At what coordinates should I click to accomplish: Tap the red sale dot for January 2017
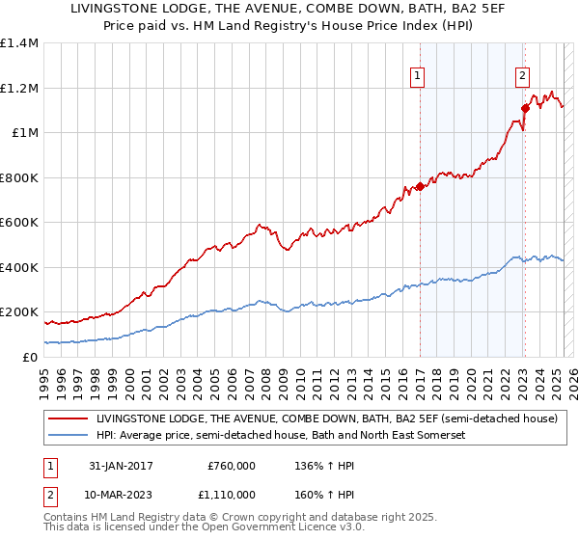click(420, 188)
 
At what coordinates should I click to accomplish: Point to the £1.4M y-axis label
click(19, 43)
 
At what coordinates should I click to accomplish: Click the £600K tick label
click(19, 223)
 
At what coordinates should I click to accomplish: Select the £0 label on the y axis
click(30, 357)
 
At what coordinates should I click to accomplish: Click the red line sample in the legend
click(68, 419)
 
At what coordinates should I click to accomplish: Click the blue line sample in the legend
click(68, 436)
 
